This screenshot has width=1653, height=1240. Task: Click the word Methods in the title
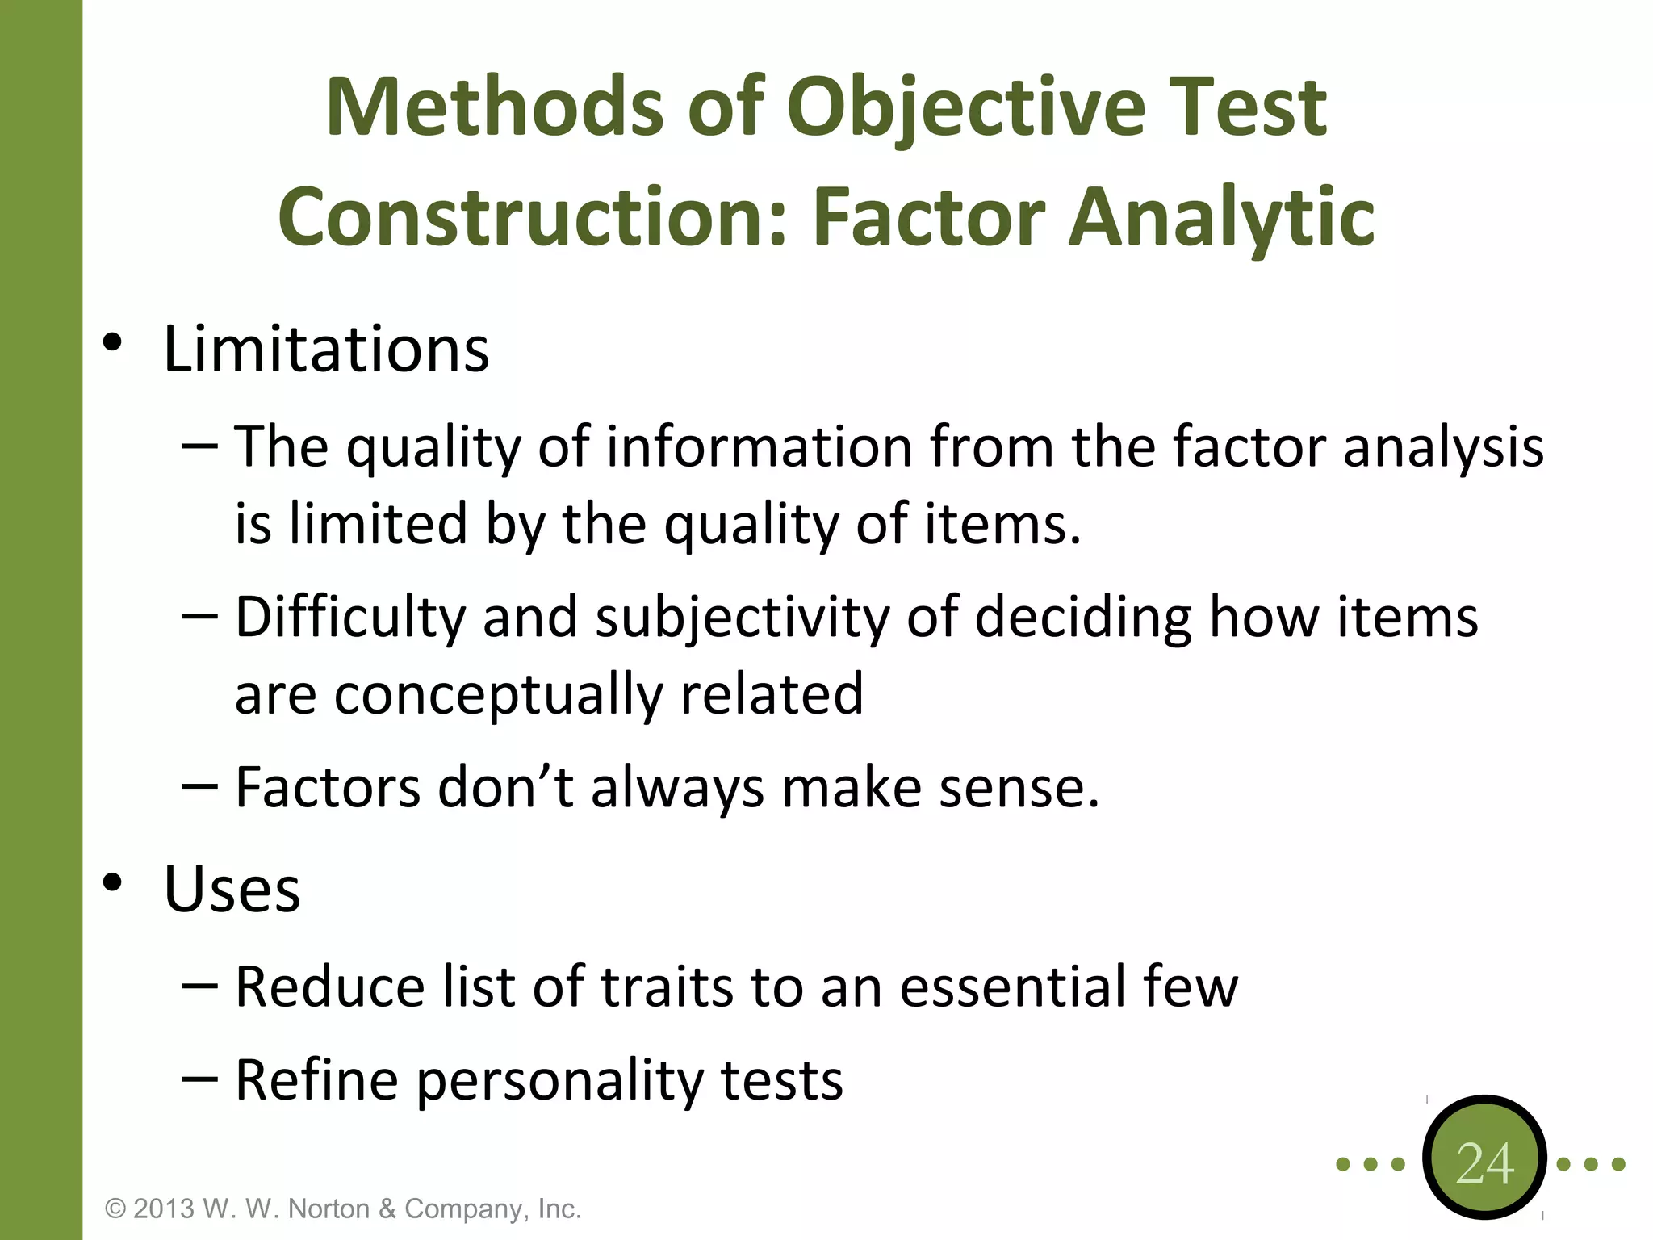pos(494,107)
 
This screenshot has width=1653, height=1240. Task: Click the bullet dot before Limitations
pos(112,343)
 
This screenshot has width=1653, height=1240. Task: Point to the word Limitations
pos(326,350)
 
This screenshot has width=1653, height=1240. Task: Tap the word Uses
pos(232,889)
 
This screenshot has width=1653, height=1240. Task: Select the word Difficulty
pos(350,618)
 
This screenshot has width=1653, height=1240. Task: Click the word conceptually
pos(497,694)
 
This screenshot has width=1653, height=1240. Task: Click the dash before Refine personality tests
pos(199,1079)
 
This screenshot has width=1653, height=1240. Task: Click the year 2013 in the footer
pos(164,1209)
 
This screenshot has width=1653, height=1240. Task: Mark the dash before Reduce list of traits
pos(199,985)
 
